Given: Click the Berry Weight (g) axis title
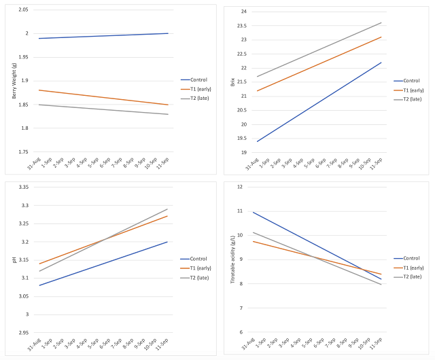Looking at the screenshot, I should point(14,81).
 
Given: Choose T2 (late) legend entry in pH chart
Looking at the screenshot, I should point(201,277).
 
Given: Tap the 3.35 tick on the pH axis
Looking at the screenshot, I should point(23,187).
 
